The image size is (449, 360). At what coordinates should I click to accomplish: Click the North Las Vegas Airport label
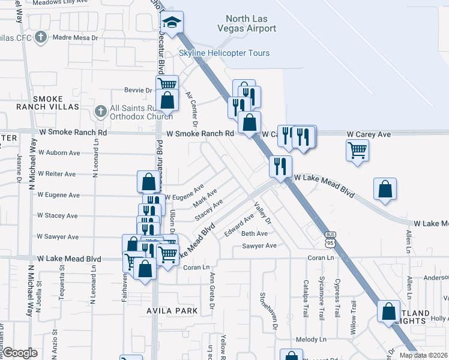251,23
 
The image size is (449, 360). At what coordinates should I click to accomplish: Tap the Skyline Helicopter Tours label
224,53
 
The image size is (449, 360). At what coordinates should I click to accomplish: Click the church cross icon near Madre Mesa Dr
41,37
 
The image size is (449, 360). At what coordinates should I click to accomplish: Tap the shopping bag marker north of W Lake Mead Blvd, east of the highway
385,189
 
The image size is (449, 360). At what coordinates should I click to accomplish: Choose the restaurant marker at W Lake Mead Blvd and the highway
280,166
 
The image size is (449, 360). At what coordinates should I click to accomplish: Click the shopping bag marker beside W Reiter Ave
148,181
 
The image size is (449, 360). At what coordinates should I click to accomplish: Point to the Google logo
20,353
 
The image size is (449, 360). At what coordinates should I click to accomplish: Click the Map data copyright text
424,355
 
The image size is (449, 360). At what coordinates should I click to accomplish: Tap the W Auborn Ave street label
58,153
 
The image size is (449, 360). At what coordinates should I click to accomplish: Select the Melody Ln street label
310,340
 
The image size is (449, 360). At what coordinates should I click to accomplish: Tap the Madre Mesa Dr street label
76,37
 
